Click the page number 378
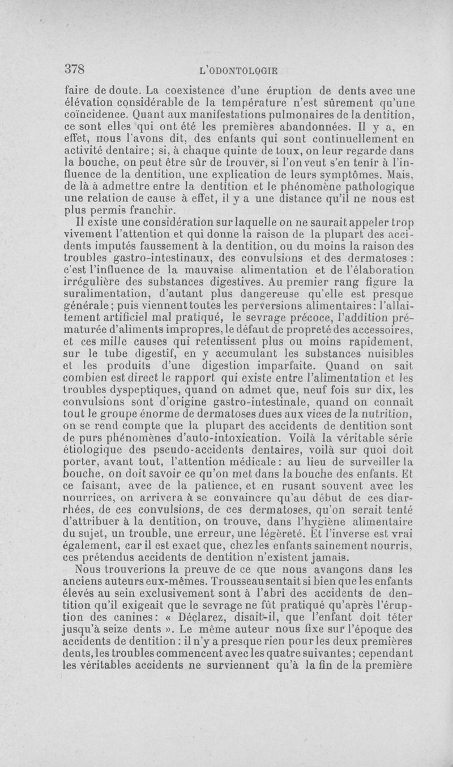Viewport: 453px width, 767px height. point(74,69)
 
